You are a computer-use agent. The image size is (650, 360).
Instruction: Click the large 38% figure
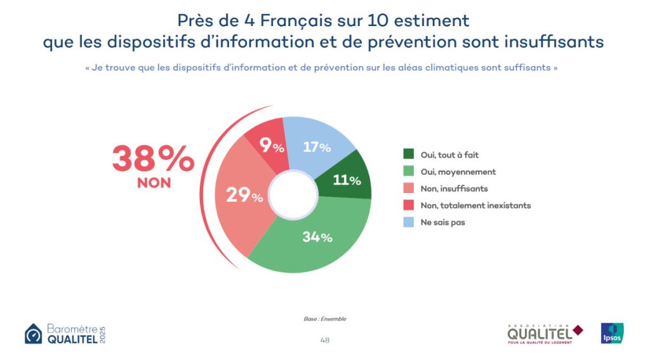tap(153, 159)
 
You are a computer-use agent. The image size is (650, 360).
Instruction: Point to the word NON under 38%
tap(154, 183)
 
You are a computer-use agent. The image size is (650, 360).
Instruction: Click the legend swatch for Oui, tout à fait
tap(409, 154)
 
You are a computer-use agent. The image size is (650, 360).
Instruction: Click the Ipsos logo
tap(612, 333)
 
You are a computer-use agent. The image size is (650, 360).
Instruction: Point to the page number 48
tap(325, 340)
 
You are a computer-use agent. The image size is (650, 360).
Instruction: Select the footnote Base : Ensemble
tap(325, 318)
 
